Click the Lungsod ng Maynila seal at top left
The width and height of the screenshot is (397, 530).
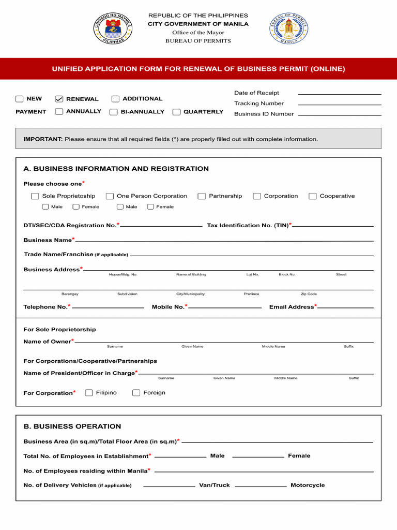click(x=113, y=28)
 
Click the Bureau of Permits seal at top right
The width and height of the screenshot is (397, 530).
click(x=288, y=28)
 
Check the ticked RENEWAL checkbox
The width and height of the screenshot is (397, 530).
click(x=59, y=99)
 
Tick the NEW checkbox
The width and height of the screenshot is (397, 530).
click(x=20, y=99)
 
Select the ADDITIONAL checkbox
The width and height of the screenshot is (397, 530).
click(x=115, y=99)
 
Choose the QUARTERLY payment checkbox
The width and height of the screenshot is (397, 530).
click(x=176, y=112)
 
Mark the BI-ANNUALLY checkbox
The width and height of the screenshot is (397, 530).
click(x=113, y=112)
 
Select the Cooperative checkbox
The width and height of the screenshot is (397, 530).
click(x=312, y=196)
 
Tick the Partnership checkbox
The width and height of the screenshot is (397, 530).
click(x=202, y=196)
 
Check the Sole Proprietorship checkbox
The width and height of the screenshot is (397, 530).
click(x=35, y=196)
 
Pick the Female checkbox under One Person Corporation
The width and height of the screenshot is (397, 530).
click(x=150, y=207)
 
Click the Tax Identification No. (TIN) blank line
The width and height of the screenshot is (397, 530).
click(x=333, y=226)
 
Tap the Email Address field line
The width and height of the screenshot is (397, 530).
click(x=345, y=308)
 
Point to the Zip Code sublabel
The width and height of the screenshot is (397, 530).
click(x=309, y=294)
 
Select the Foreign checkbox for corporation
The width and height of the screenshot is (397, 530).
click(x=136, y=393)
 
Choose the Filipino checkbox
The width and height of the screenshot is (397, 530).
click(x=89, y=393)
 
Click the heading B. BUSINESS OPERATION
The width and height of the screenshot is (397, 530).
click(x=72, y=426)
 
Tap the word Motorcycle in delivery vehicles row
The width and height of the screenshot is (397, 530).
click(x=308, y=485)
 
